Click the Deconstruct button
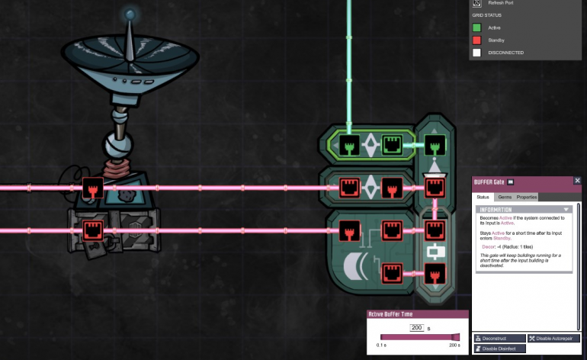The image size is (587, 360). (x=500, y=338)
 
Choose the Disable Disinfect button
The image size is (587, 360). (x=500, y=349)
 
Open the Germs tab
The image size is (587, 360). (x=505, y=197)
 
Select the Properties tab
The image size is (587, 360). (x=527, y=197)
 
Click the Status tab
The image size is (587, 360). (x=483, y=197)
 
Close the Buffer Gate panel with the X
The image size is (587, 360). (x=577, y=181)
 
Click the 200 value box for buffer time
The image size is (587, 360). (x=416, y=327)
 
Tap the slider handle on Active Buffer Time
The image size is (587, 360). (x=456, y=337)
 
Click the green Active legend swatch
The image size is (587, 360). (x=476, y=27)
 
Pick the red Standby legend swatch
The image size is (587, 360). (x=476, y=40)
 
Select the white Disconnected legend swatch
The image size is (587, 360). (x=476, y=53)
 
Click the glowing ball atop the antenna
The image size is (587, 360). (x=130, y=14)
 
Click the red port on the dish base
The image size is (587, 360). (x=92, y=188)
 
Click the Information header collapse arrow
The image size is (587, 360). (x=566, y=208)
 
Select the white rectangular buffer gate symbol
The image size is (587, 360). (x=435, y=250)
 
